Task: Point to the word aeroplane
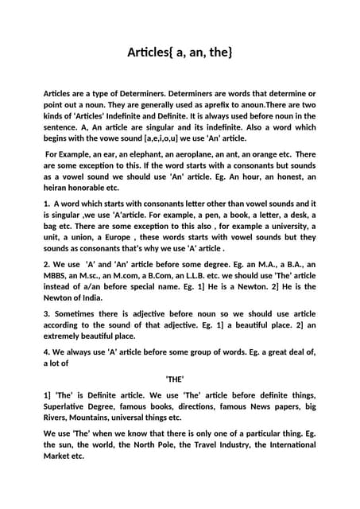[x=195, y=153]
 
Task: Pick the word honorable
[x=83, y=188]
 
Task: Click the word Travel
[x=226, y=445]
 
